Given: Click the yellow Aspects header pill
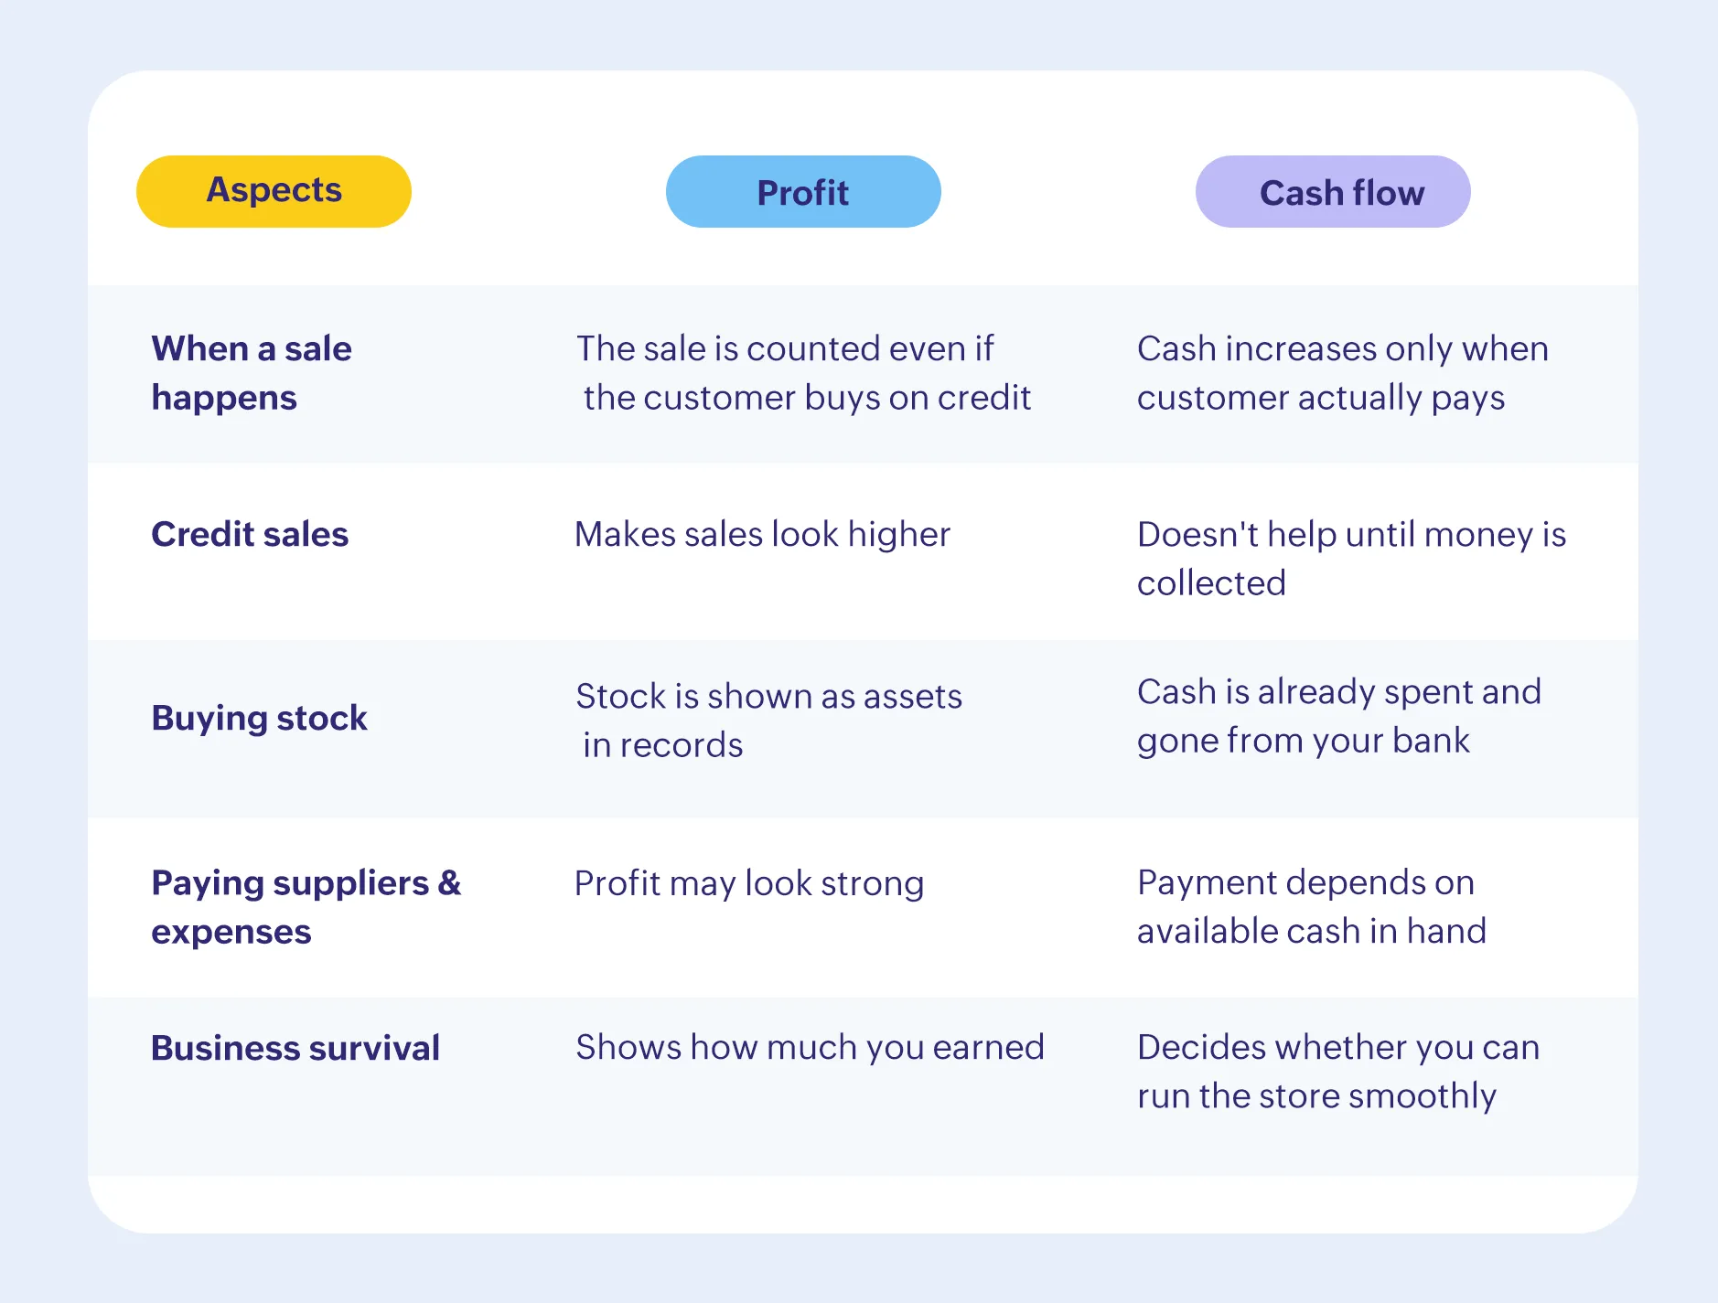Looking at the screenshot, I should coord(274,191).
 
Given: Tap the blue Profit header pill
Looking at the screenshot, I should coord(803,192).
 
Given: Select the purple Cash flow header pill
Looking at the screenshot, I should coord(1333,192).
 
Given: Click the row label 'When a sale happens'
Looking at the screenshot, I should coord(252,373).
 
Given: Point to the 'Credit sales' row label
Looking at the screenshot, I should coord(250,534).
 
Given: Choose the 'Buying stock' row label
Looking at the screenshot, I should coord(259,718).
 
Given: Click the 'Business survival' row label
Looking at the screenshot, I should coord(295,1048).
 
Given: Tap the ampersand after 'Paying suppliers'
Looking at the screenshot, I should coord(449,883).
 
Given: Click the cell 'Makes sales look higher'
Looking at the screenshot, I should coord(762,534).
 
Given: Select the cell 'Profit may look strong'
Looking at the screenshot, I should coord(749,883).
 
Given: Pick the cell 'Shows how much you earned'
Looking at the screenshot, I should coord(810,1047).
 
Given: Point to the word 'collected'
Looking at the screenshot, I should coord(1211,583).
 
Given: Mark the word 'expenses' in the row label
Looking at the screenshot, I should coord(231,932).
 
